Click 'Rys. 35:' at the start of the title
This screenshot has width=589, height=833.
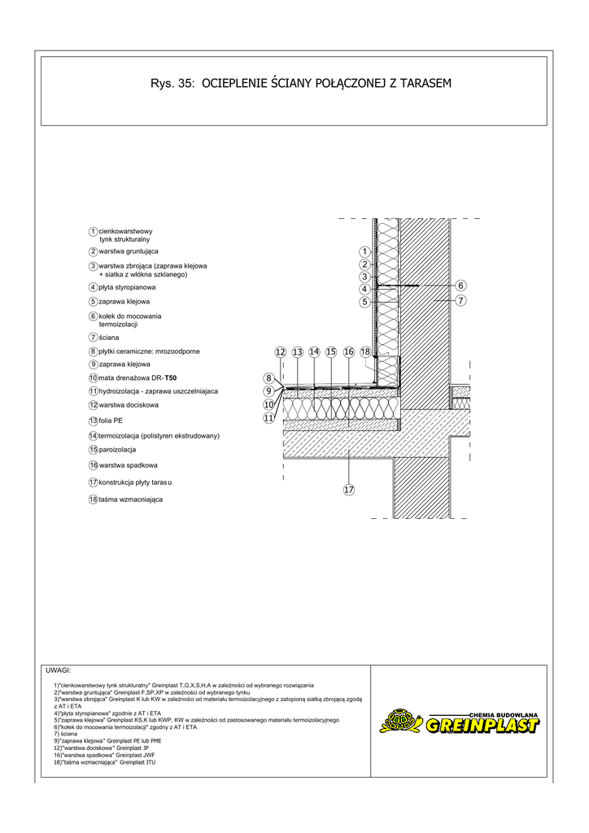172,83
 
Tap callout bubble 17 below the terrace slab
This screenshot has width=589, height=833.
348,490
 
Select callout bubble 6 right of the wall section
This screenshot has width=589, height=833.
460,286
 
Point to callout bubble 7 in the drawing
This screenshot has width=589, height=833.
460,300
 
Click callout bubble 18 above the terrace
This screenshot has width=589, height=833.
365,351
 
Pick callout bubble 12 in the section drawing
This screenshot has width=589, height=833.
281,351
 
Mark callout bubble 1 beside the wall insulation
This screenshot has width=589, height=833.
364,251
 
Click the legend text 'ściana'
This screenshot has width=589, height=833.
108,337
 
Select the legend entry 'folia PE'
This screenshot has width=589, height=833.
111,421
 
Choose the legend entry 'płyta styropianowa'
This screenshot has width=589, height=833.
127,287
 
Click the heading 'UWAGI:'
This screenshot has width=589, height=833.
59,671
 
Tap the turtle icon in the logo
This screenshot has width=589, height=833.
399,721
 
